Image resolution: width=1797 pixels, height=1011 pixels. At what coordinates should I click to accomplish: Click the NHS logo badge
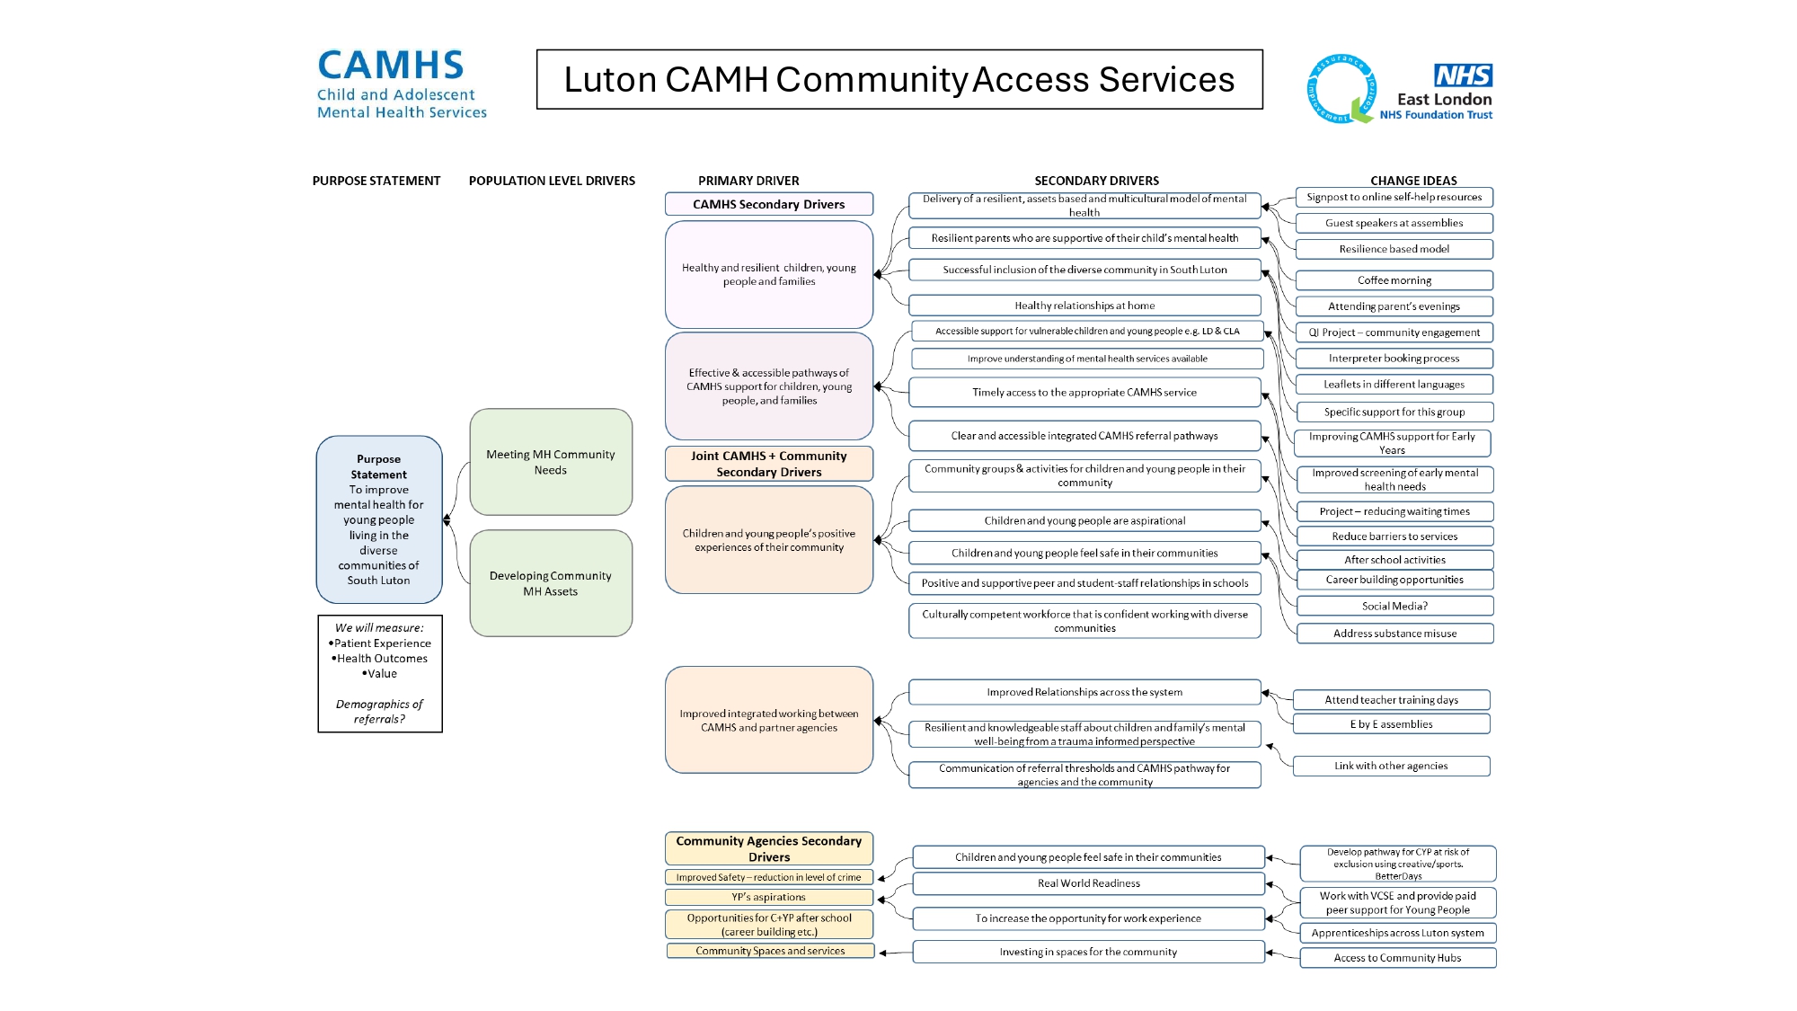point(1463,75)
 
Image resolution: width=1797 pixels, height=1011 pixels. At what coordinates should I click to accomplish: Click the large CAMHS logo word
point(391,67)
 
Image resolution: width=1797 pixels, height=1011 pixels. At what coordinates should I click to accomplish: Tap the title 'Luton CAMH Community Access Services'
point(899,79)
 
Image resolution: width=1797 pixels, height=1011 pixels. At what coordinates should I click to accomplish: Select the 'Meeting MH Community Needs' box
point(551,462)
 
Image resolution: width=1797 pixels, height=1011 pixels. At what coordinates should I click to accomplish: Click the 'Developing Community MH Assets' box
point(551,583)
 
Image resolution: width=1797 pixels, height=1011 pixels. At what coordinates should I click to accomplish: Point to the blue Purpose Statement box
point(379,519)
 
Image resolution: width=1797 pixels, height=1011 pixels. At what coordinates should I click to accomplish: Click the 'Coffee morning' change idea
point(1394,280)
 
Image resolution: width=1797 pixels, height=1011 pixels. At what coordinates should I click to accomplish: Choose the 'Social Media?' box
point(1394,606)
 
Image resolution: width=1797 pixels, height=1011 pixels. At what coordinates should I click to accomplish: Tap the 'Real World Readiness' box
point(1088,883)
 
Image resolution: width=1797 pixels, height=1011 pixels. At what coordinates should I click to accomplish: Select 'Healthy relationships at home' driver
point(1084,306)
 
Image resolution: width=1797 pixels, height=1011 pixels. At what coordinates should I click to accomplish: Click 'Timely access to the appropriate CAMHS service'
point(1084,392)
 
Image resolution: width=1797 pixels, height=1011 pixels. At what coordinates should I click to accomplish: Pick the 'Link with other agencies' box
point(1391,766)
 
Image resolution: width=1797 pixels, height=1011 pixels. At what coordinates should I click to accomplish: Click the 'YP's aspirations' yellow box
point(769,897)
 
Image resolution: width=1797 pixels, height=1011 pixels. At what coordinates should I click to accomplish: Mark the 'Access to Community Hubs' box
point(1397,958)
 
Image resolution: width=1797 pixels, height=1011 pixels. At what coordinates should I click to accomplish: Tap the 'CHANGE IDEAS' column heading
point(1413,181)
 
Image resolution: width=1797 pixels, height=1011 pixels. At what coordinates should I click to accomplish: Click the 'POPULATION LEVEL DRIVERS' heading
point(552,181)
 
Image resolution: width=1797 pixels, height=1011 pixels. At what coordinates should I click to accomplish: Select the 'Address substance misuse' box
point(1394,634)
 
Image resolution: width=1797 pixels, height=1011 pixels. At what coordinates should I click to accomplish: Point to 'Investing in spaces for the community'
point(1088,952)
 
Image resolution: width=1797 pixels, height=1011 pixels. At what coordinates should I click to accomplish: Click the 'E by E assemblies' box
point(1391,724)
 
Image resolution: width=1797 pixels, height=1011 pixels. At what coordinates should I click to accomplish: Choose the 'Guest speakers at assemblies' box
point(1394,223)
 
